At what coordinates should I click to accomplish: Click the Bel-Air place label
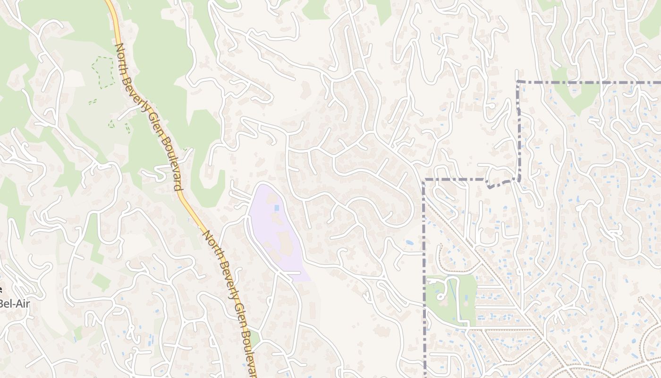tap(14, 303)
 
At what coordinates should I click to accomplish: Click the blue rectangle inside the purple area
tap(276, 208)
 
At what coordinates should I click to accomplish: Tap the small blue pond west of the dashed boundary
tap(409, 242)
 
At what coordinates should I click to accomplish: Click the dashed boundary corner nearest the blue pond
tap(424, 180)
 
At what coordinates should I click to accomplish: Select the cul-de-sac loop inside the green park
tap(442, 295)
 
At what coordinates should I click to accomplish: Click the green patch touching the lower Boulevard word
tap(255, 337)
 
